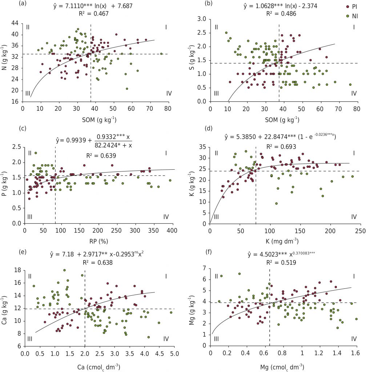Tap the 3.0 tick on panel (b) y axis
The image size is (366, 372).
(201, 19)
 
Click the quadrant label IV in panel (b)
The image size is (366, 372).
(354, 93)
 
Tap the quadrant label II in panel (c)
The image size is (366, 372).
(30, 153)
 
